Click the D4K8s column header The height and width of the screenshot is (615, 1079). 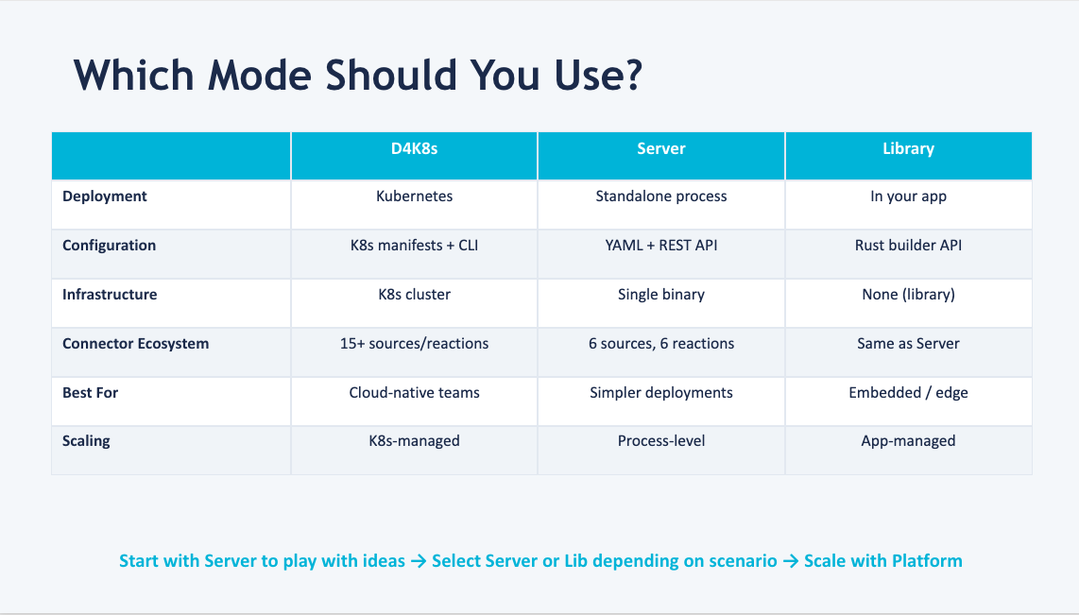click(414, 149)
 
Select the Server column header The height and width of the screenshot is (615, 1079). click(661, 149)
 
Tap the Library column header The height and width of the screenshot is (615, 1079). click(908, 149)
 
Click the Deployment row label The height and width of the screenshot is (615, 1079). click(105, 196)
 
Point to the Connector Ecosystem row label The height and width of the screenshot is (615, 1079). click(136, 344)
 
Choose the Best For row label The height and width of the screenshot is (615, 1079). click(91, 392)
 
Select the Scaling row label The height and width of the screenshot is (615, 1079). click(86, 441)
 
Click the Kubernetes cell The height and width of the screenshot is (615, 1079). click(414, 196)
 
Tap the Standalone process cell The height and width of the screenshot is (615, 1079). click(661, 196)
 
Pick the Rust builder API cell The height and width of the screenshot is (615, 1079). click(908, 246)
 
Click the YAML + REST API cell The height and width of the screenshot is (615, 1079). click(661, 246)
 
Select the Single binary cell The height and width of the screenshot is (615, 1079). click(661, 295)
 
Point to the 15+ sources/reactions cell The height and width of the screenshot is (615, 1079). click(414, 344)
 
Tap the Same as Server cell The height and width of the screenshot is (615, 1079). click(908, 344)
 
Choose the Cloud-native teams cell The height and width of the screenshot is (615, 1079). click(414, 392)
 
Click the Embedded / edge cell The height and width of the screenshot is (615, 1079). click(908, 392)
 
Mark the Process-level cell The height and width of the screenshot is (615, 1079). click(661, 441)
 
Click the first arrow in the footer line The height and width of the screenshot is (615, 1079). click(419, 561)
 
